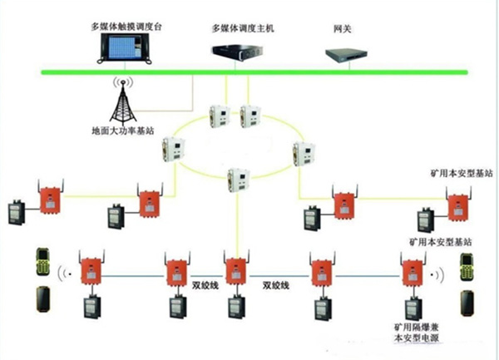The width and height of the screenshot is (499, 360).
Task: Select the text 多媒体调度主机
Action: [242, 28]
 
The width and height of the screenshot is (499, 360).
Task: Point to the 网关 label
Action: [342, 28]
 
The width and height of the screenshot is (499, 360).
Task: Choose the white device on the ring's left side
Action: [176, 149]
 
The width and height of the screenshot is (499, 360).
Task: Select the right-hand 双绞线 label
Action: [275, 284]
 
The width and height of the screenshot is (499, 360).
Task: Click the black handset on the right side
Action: [467, 302]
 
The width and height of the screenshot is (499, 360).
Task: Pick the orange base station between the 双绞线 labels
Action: [236, 272]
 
